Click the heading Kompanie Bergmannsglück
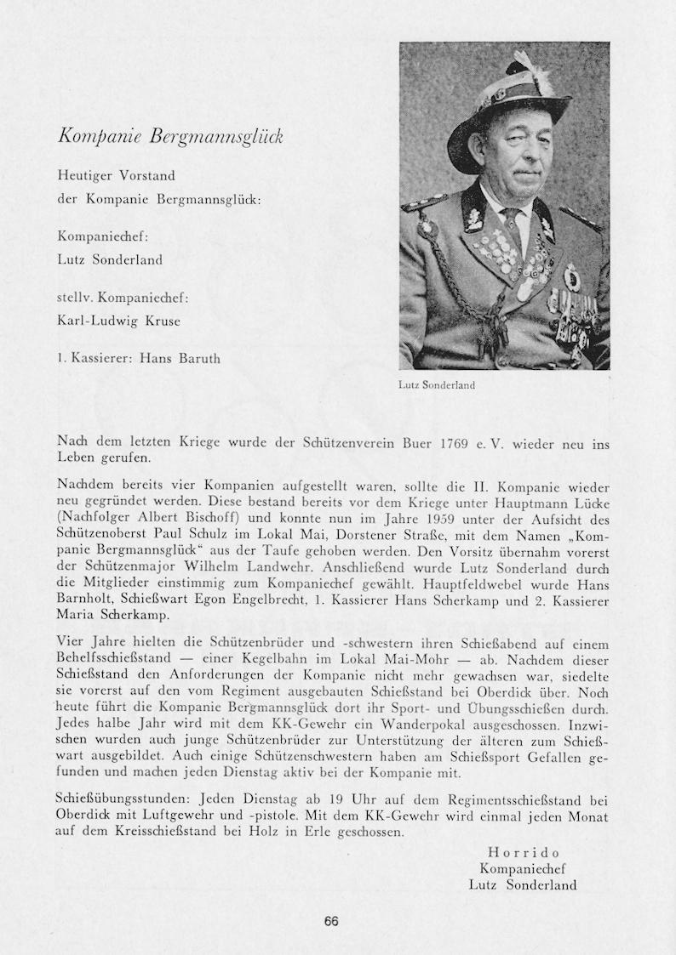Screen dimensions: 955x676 (170, 136)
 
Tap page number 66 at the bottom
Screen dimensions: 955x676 (331, 921)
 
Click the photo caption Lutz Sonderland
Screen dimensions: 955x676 (436, 385)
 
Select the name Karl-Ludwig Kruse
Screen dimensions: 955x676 (118, 321)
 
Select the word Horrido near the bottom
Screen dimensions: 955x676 (524, 852)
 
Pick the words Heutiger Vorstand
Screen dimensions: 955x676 (116, 176)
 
